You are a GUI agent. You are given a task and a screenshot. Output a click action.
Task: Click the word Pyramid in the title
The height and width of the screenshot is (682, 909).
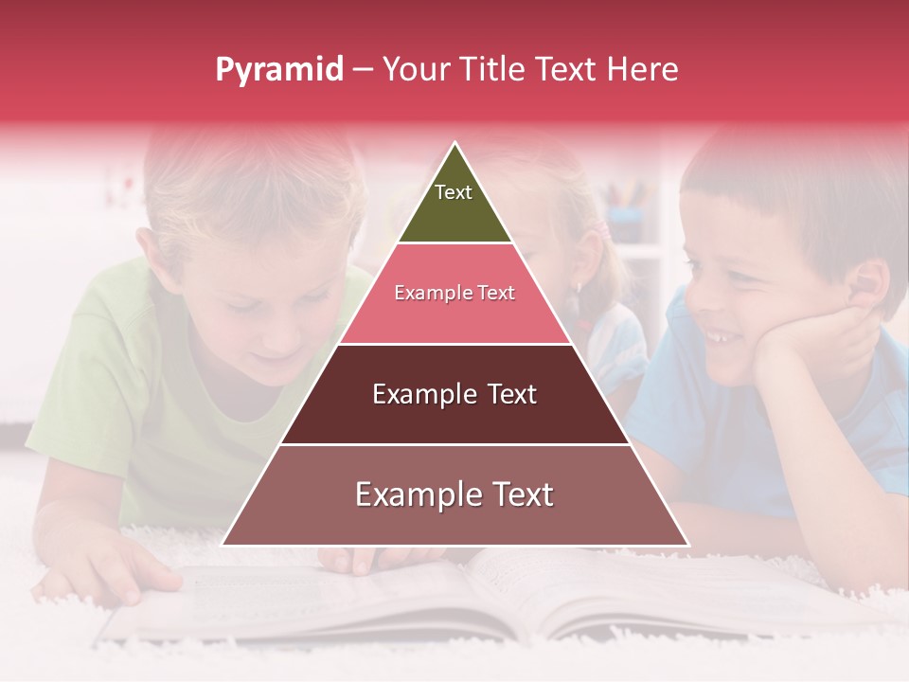coord(278,70)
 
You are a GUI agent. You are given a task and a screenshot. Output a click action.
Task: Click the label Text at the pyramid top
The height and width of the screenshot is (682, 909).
coord(454,192)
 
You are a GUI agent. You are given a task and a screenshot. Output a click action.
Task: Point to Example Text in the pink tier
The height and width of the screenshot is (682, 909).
coord(454,293)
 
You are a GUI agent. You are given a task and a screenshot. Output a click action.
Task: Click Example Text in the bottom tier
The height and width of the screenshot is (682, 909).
coord(454,494)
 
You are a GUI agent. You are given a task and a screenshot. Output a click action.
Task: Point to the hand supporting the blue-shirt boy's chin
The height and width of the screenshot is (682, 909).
coord(814,341)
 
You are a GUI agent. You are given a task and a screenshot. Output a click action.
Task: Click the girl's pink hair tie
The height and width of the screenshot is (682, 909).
coord(602,230)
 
